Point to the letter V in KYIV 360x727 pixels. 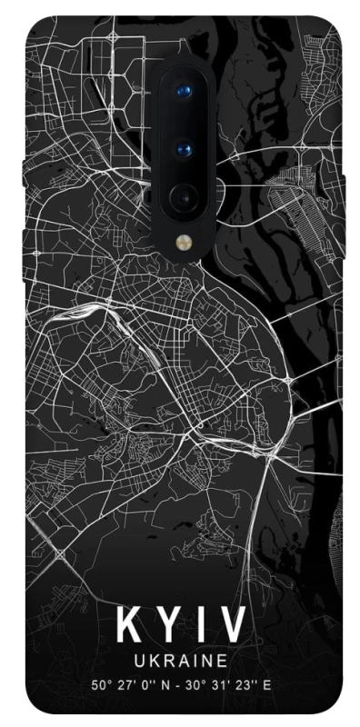tap(234, 627)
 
